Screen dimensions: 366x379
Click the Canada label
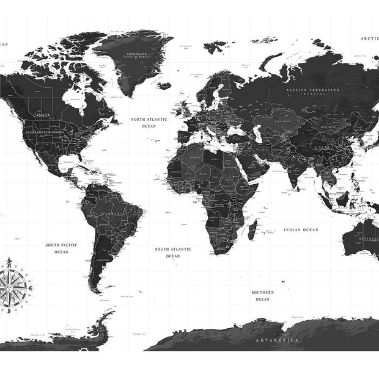tap(42, 114)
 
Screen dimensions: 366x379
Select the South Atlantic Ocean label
tap(173, 253)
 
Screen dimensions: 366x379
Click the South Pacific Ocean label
tap(61, 248)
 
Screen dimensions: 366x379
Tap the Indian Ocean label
tap(301, 230)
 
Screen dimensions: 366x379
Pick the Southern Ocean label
tap(262, 296)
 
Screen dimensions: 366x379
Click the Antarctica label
tap(272, 339)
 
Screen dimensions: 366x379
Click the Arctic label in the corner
tap(369, 38)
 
